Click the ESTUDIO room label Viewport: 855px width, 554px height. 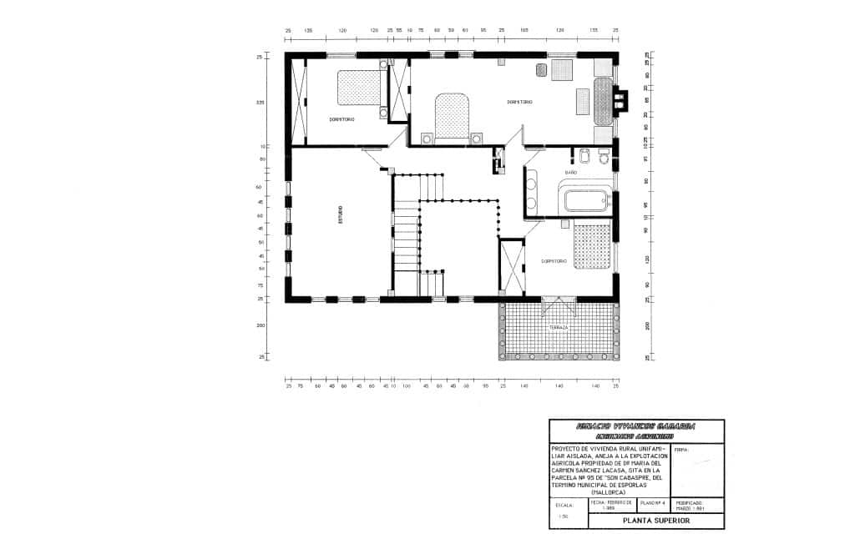click(340, 215)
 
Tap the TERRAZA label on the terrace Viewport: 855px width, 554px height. click(558, 328)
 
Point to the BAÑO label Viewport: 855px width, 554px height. click(571, 173)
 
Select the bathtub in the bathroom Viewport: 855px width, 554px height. click(588, 201)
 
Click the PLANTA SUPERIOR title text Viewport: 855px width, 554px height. click(656, 520)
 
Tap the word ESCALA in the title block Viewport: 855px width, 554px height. click(563, 504)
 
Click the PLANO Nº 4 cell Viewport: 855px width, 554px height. click(653, 504)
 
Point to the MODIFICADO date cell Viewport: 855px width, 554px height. click(690, 506)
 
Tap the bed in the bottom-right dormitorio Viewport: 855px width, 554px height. click(592, 246)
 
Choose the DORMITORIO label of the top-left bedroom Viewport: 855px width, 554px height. click(341, 119)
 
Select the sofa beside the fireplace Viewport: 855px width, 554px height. click(602, 100)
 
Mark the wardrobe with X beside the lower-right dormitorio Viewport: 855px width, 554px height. click(511, 265)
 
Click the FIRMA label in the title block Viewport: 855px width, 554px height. click(680, 450)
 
